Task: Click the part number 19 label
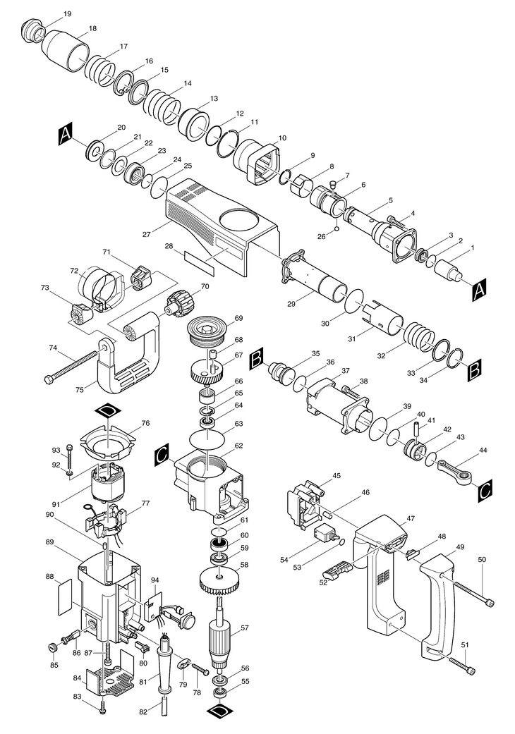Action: pos(67,14)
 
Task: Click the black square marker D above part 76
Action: pos(107,410)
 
